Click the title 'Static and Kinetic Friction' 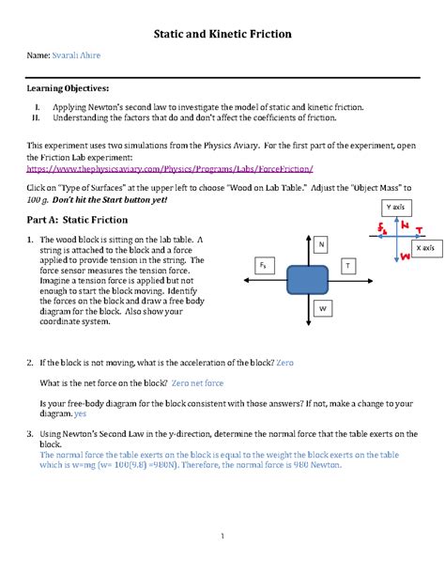[222, 35]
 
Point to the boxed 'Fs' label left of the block [264, 267]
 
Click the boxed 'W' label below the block [321, 308]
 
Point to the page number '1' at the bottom [222, 537]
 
